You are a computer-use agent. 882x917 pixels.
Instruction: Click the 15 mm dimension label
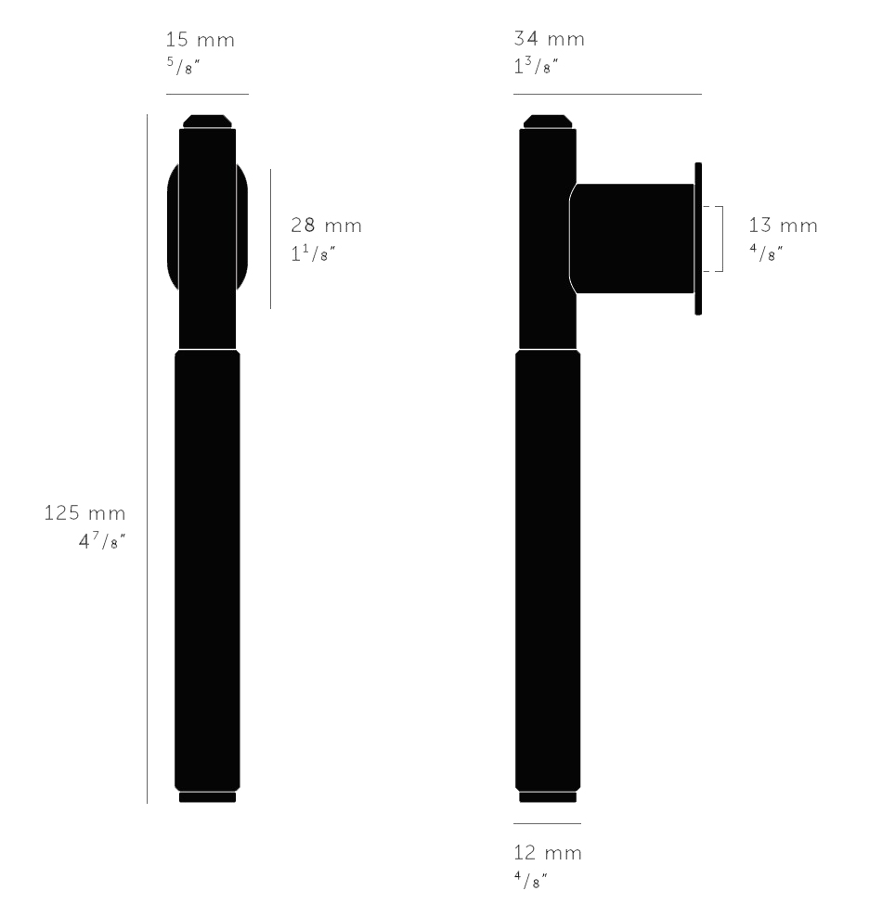point(200,40)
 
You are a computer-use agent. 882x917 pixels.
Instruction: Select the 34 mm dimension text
point(550,40)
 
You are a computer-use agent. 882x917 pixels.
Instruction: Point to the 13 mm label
point(784,226)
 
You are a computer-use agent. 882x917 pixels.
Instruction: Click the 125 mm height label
point(84,513)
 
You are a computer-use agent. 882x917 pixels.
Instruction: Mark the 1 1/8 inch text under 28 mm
point(313,252)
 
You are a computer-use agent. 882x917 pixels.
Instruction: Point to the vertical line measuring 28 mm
point(271,239)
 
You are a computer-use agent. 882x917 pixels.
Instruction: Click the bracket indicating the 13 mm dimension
point(721,239)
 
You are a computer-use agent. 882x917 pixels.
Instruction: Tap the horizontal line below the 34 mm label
point(607,94)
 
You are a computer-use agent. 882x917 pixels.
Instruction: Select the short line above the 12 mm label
point(547,823)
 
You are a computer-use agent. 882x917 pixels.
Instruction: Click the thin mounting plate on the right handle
point(698,239)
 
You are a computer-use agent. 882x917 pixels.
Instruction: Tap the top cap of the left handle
point(207,121)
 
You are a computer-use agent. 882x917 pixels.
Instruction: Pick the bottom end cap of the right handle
point(548,796)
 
